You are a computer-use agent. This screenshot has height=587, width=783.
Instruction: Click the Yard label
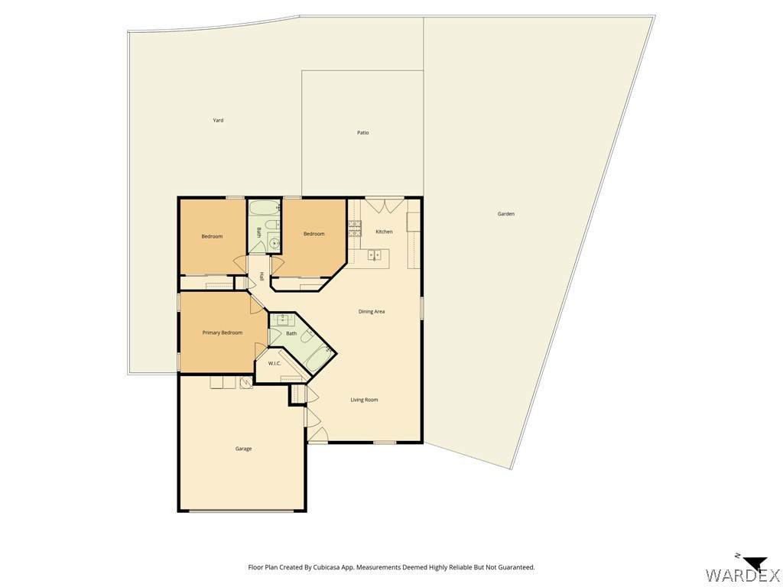tap(218, 120)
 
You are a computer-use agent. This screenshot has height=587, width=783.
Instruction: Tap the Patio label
tap(363, 133)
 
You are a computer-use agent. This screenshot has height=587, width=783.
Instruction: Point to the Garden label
tap(506, 214)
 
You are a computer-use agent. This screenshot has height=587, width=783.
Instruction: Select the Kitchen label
tap(384, 232)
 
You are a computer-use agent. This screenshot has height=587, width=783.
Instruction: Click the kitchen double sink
tap(375, 255)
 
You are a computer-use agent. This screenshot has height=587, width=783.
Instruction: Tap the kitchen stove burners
tap(355, 228)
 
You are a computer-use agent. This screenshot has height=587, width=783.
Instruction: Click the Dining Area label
tap(372, 312)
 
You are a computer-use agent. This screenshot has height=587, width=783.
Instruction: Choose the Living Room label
tap(364, 400)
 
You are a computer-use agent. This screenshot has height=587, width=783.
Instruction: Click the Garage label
tap(244, 449)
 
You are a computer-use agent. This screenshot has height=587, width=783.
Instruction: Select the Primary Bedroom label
tap(223, 332)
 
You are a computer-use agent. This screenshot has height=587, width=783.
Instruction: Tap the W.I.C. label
tap(275, 363)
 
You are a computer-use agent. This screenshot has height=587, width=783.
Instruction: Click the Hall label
tap(262, 276)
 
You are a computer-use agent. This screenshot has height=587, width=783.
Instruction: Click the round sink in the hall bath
tap(274, 244)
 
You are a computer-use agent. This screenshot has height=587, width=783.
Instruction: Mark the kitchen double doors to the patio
tap(384, 206)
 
